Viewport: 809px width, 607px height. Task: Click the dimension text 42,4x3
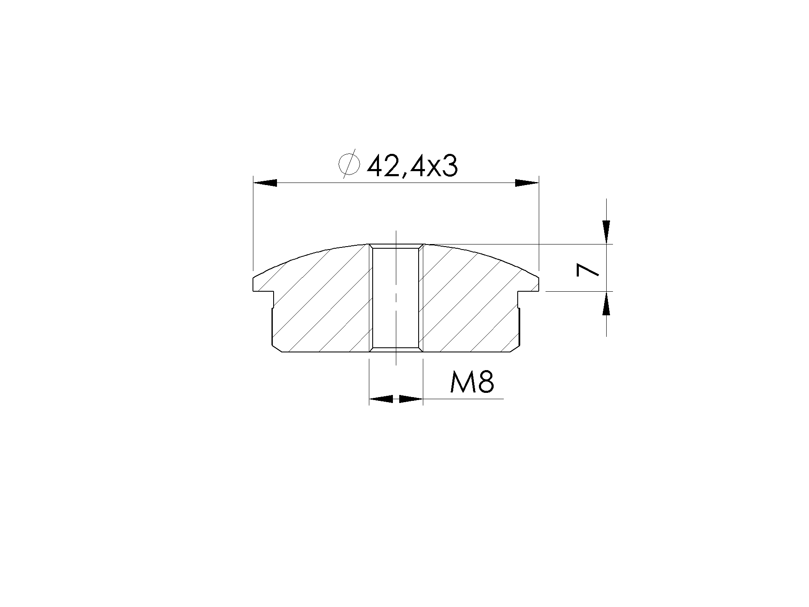point(412,167)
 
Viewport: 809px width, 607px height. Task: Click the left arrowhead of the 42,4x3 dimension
point(265,183)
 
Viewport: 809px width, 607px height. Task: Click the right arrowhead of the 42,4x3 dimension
point(527,183)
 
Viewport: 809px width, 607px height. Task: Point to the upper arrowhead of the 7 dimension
point(606,232)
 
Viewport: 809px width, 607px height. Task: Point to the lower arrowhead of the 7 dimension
point(606,303)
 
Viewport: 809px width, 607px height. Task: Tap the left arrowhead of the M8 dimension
point(381,398)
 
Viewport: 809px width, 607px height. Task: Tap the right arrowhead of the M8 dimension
point(411,398)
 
